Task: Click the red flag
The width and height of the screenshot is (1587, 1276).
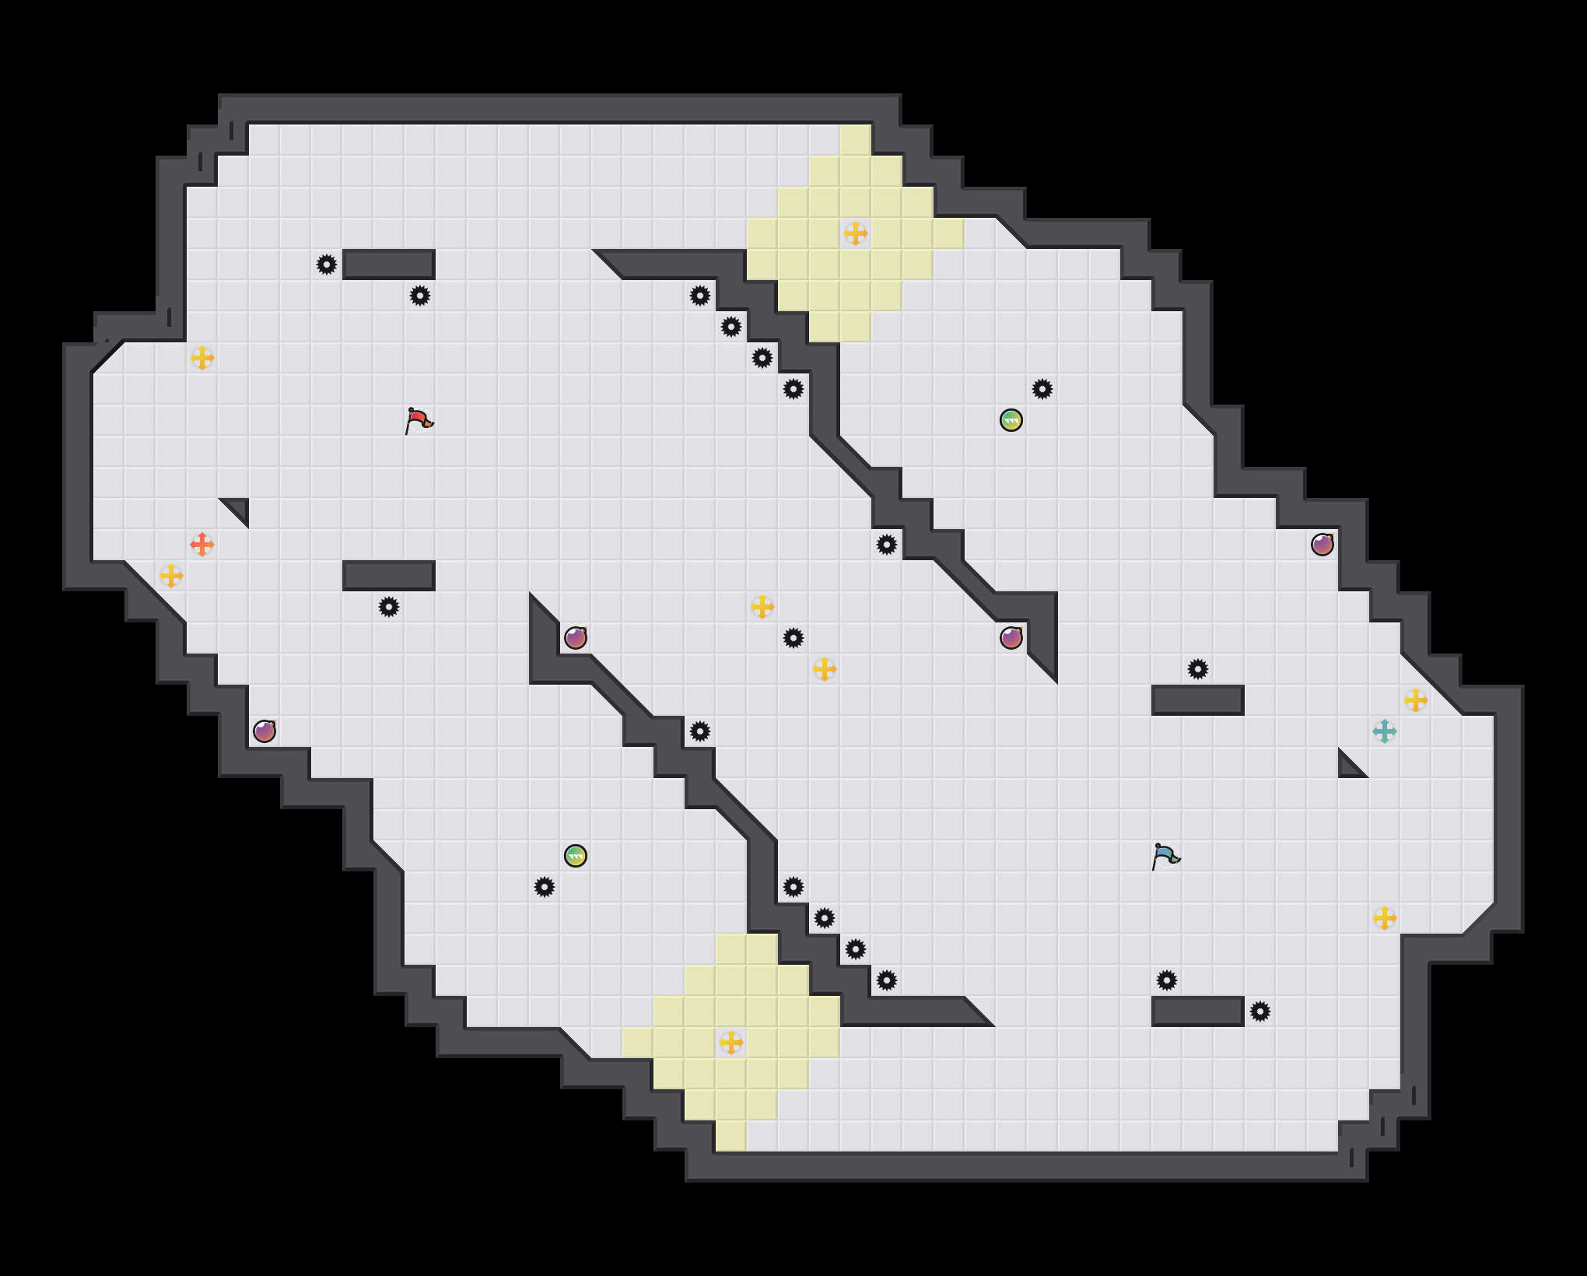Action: (x=419, y=420)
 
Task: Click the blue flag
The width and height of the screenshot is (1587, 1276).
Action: (x=1165, y=856)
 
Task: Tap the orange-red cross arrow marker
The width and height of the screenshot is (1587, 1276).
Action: (x=202, y=545)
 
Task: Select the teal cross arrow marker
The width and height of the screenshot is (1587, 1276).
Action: (x=1385, y=731)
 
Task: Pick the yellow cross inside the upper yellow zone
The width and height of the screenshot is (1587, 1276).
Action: (x=856, y=233)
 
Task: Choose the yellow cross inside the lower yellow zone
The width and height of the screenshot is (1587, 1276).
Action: (x=731, y=1043)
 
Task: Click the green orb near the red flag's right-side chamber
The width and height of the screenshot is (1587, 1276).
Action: (x=1011, y=420)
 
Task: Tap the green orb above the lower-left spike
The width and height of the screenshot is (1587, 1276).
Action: (x=576, y=856)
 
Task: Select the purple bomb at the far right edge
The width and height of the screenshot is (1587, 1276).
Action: (x=1322, y=545)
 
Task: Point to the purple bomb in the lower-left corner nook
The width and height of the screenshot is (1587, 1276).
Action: (x=264, y=731)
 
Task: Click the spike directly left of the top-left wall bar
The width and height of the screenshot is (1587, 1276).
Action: (x=327, y=265)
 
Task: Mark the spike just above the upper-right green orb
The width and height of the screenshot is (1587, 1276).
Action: (x=1042, y=389)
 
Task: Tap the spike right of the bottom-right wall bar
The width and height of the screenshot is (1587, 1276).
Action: (x=1260, y=1011)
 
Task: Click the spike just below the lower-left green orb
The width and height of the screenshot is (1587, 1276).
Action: (x=545, y=887)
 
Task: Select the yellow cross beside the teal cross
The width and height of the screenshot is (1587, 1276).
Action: (x=1416, y=700)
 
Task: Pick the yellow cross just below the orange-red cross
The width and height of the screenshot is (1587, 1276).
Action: (x=171, y=576)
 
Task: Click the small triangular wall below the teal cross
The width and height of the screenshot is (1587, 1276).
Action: (x=1348, y=767)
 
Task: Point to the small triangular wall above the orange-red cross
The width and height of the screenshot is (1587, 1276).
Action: (x=238, y=509)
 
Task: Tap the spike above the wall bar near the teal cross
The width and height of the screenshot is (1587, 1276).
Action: (x=1198, y=669)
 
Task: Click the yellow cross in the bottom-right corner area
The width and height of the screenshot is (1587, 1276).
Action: (x=1385, y=918)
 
